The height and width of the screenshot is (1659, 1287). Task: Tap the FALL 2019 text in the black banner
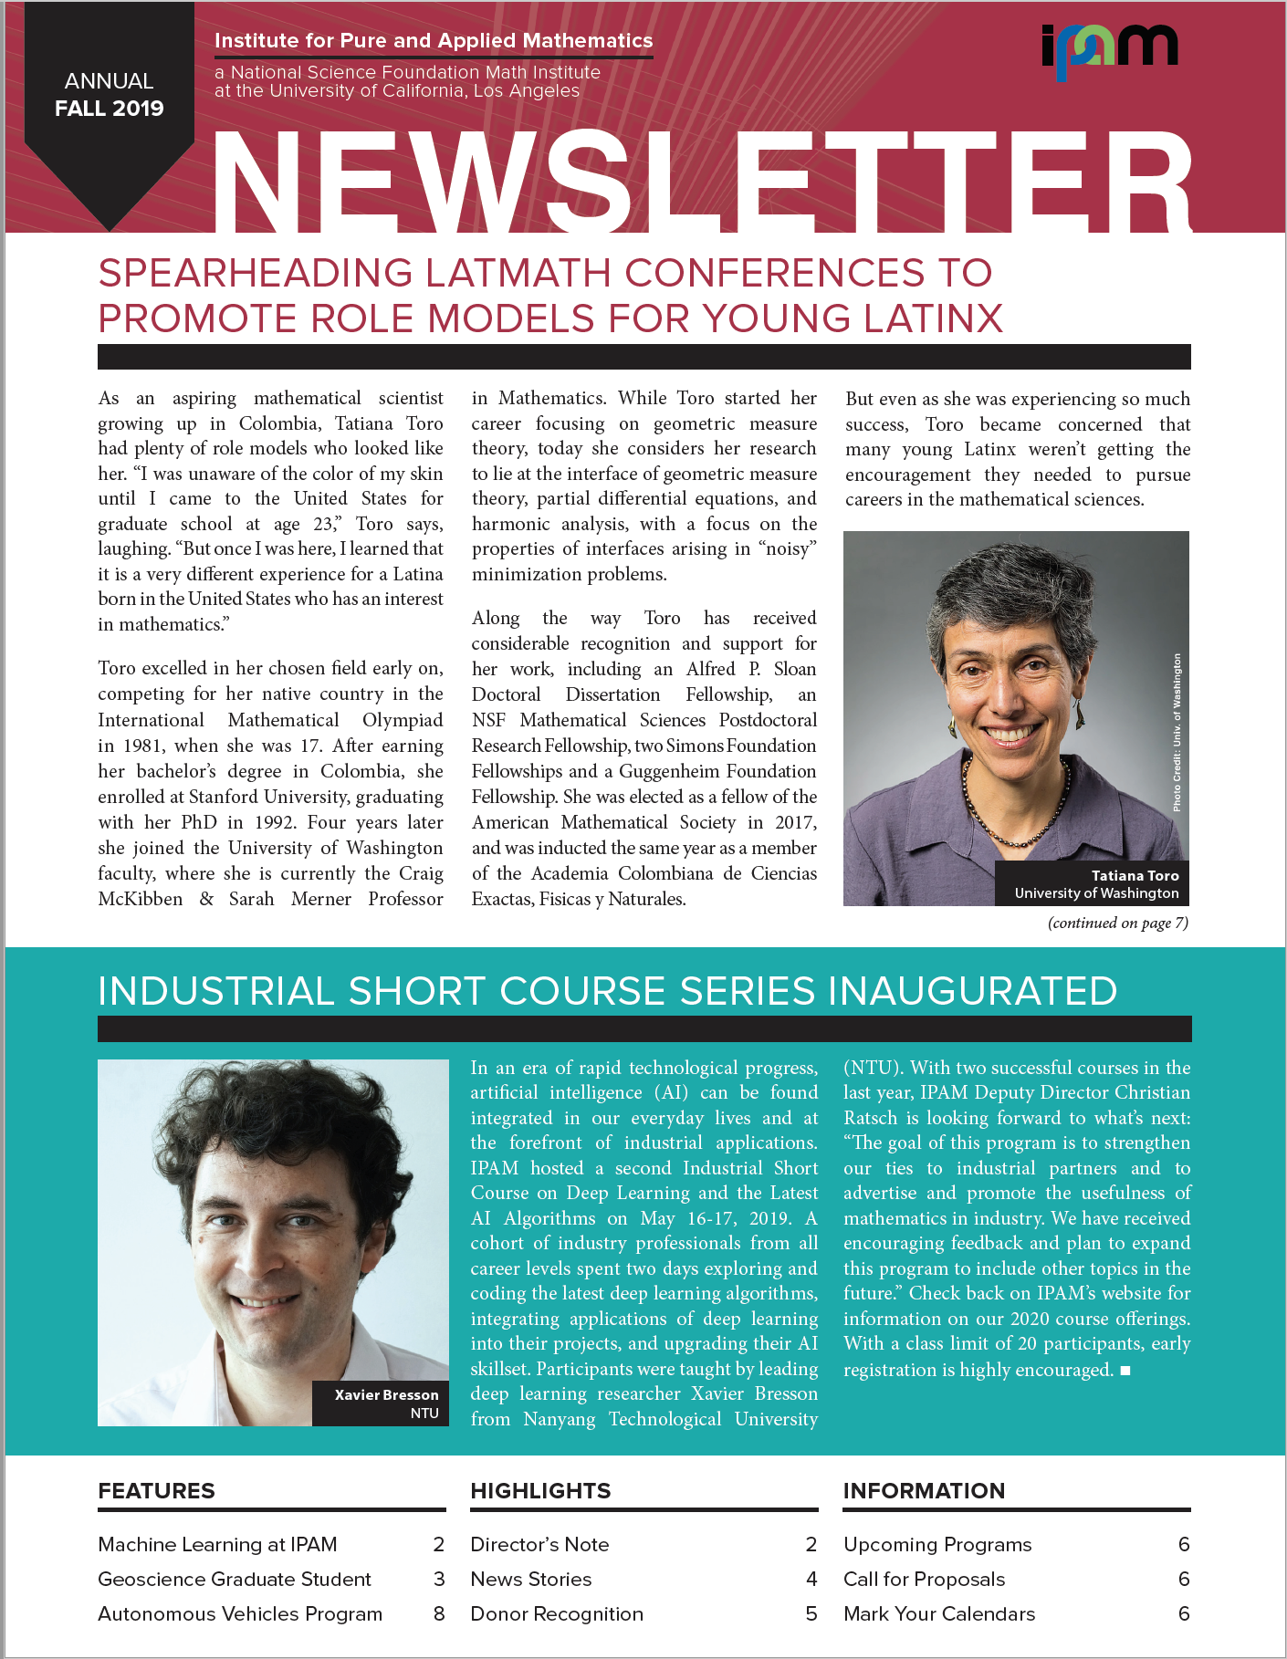coord(110,109)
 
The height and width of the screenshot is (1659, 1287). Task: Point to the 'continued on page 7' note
coord(1117,923)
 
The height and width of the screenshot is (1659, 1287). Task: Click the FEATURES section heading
coord(156,1491)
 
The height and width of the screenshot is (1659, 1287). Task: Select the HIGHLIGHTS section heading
coord(540,1491)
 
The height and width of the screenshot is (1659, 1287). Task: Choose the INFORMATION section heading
coord(924,1491)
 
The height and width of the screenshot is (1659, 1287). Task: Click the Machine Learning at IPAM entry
coord(217,1544)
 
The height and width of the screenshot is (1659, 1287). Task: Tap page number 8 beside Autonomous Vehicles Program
coord(439,1613)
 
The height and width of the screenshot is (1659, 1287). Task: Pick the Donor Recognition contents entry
coord(557,1613)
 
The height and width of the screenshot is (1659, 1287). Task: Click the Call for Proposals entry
coord(924,1579)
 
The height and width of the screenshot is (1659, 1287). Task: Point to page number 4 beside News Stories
coord(811,1579)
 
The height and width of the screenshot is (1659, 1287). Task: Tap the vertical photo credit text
coord(1177,732)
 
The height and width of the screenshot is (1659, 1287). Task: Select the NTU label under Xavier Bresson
coord(424,1413)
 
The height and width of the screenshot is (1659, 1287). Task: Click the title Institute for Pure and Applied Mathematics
coord(434,41)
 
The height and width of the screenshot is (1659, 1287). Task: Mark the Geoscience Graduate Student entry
coord(235,1579)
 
